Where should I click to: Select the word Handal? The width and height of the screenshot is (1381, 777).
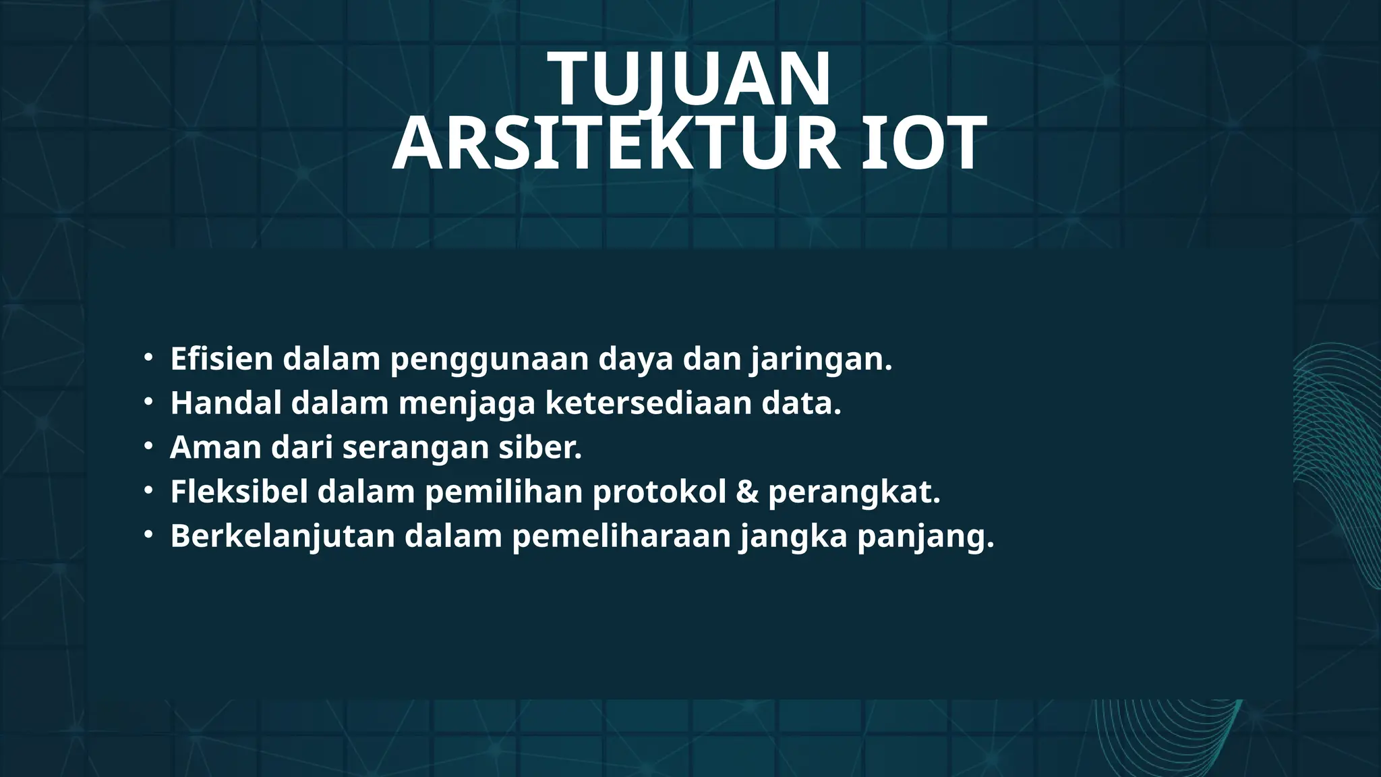(x=226, y=403)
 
